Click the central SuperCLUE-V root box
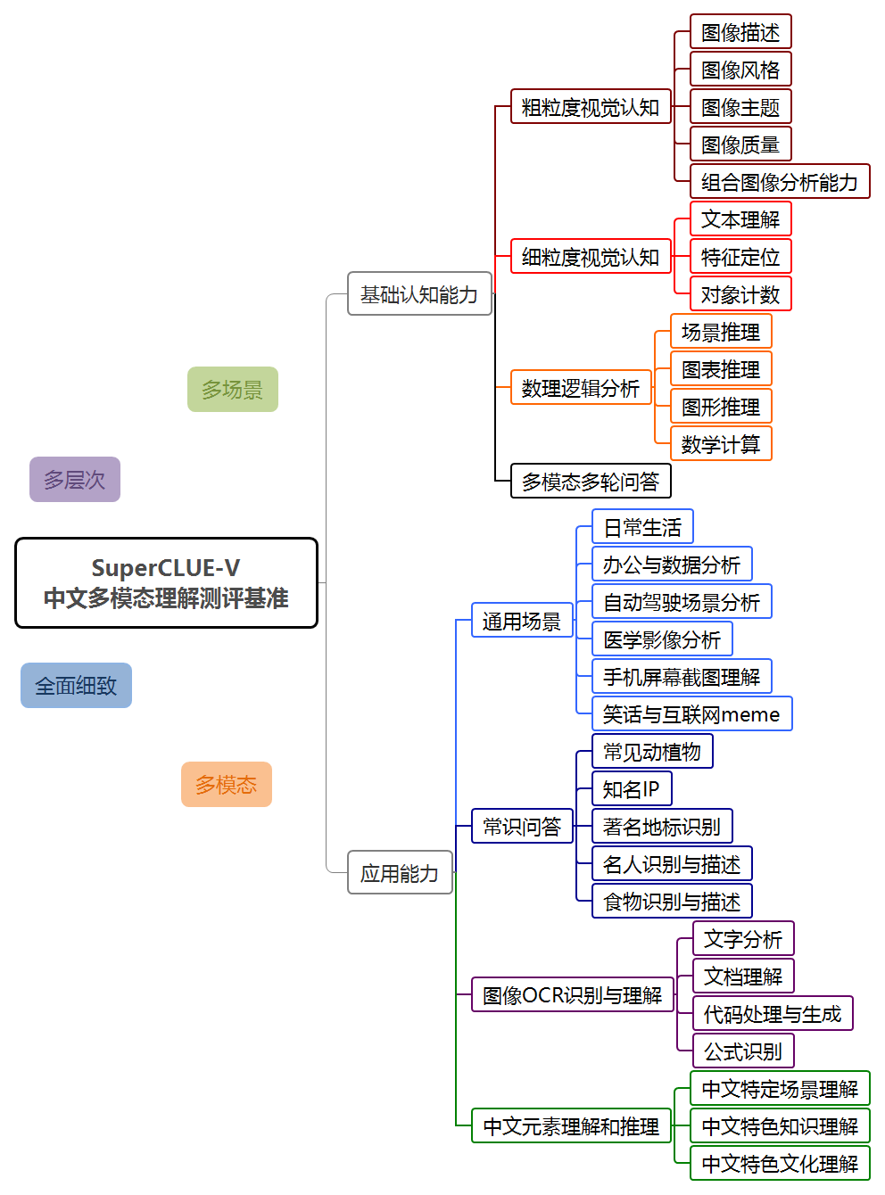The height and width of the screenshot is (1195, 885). [x=166, y=583]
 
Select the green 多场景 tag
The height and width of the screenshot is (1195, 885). [x=232, y=390]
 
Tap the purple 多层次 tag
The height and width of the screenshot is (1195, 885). [x=75, y=480]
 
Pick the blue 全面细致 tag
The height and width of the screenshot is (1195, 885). [x=76, y=686]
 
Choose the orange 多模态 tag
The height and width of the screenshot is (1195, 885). [x=226, y=785]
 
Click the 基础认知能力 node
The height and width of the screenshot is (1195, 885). [x=419, y=294]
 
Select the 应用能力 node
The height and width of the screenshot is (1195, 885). [x=400, y=873]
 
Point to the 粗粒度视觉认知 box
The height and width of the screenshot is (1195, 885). [x=590, y=107]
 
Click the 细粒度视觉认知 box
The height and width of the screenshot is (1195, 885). [x=590, y=257]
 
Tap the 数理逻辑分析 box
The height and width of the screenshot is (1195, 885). [x=581, y=388]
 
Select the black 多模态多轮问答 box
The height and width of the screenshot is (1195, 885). [x=590, y=482]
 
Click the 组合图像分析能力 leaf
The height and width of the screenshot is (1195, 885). [x=779, y=182]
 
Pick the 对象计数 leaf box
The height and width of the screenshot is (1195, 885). [x=740, y=294]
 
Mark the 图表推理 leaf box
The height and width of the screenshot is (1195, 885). [x=720, y=369]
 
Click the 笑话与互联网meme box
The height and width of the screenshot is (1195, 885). [x=691, y=714]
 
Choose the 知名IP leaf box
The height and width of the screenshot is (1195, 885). [x=631, y=789]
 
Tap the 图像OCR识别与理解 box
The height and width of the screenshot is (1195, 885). [x=572, y=995]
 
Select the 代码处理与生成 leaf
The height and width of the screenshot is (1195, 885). [x=772, y=1014]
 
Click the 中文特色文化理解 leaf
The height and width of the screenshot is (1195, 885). [x=779, y=1164]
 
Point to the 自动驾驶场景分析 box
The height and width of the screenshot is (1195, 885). [x=682, y=602]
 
